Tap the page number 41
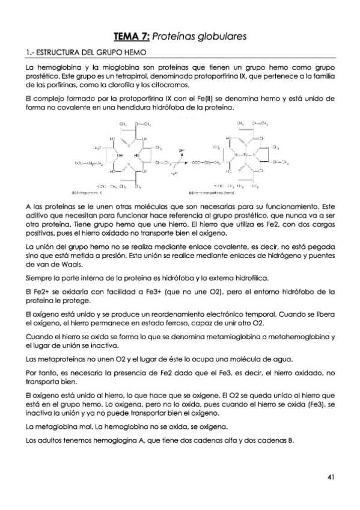[331, 477]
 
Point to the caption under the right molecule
[213, 194]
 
